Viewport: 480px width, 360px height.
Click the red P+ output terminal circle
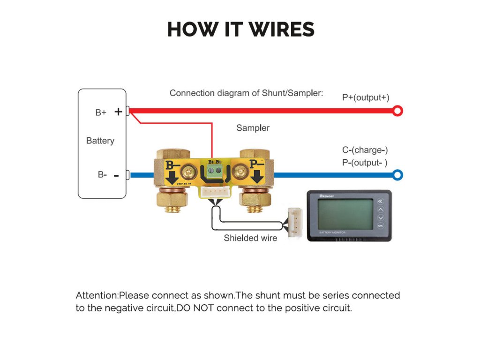click(397, 111)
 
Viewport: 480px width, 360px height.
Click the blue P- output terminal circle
click(397, 175)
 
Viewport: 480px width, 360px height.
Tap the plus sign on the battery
click(118, 112)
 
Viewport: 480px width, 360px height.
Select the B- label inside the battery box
click(102, 174)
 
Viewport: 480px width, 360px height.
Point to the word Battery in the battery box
click(100, 141)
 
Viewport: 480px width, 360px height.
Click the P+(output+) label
click(366, 97)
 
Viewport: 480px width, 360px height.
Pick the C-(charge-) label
click(365, 150)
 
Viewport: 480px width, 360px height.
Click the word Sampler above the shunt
click(253, 128)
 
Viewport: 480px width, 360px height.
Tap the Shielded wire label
click(250, 238)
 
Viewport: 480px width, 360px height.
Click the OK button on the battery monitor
click(380, 226)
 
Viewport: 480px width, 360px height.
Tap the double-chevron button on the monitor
click(380, 202)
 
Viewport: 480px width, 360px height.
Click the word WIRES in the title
click(282, 30)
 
